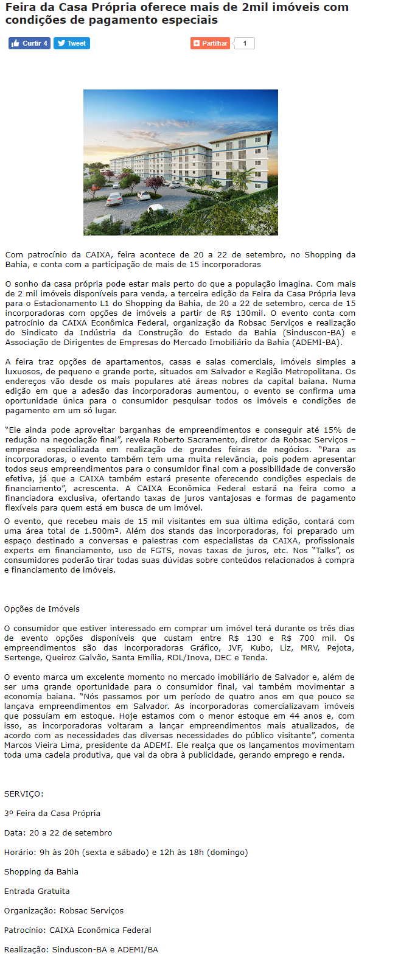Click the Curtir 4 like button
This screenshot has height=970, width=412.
click(29, 43)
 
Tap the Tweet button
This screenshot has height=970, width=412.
click(72, 43)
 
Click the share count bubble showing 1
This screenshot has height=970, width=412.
click(245, 43)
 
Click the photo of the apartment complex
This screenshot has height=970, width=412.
click(180, 162)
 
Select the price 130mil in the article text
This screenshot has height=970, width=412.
click(250, 313)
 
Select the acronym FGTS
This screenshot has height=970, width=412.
click(162, 550)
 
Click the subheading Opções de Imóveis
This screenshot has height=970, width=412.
click(41, 609)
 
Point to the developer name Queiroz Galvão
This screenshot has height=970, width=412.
click(77, 657)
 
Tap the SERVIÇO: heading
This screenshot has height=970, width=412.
click(24, 794)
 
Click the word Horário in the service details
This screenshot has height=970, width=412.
click(19, 852)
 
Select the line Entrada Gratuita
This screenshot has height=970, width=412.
click(37, 891)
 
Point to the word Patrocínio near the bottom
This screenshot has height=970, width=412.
click(24, 930)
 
